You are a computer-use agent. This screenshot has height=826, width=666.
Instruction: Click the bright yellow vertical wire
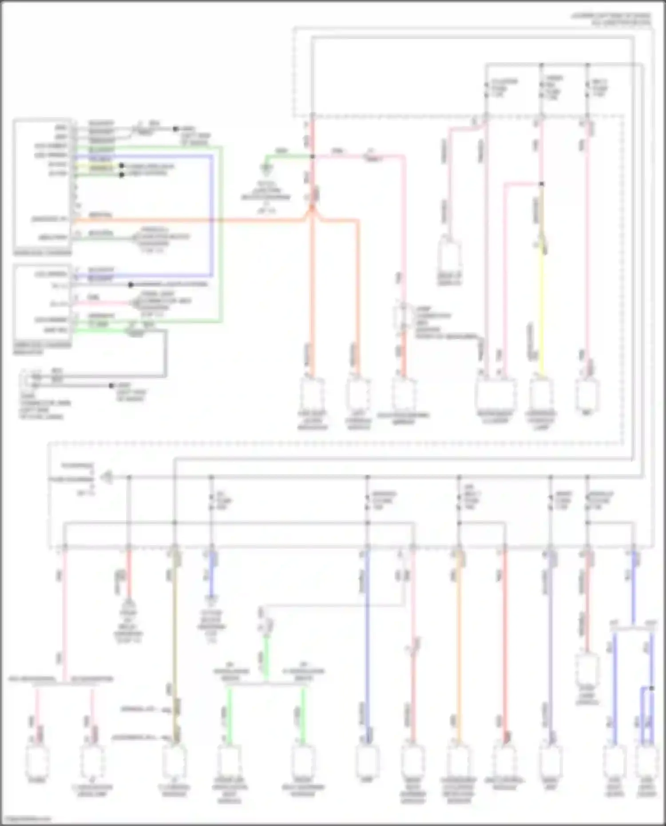click(x=542, y=311)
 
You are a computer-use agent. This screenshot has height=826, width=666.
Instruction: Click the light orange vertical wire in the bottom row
click(x=459, y=644)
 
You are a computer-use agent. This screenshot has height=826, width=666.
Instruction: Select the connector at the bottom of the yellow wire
click(x=541, y=393)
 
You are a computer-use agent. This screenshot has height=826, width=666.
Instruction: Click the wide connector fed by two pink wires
click(x=495, y=394)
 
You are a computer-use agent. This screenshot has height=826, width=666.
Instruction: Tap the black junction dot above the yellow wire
click(x=542, y=184)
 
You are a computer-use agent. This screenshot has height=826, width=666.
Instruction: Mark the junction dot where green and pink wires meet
click(x=313, y=156)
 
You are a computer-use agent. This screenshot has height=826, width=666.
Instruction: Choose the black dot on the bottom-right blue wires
click(x=651, y=688)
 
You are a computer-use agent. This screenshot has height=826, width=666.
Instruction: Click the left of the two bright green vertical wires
click(x=230, y=715)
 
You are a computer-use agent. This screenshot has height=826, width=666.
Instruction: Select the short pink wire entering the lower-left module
click(x=102, y=304)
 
